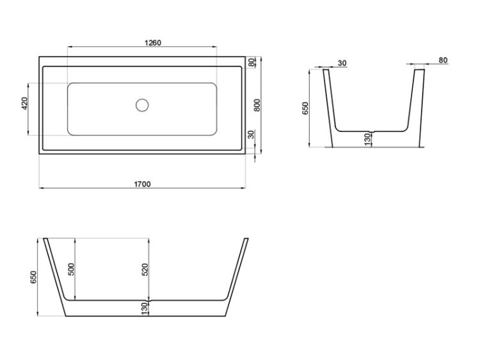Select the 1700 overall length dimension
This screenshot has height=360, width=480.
[142, 184]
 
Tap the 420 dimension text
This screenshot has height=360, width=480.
[25, 104]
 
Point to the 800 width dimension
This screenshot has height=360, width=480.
[257, 106]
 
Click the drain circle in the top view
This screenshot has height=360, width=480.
[142, 104]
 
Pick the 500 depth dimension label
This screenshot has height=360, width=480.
[72, 269]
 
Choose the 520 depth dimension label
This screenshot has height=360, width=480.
[145, 270]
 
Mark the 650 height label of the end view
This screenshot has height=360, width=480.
[305, 108]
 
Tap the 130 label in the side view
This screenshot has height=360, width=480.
[145, 308]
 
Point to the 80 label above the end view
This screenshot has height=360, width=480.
[444, 60]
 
